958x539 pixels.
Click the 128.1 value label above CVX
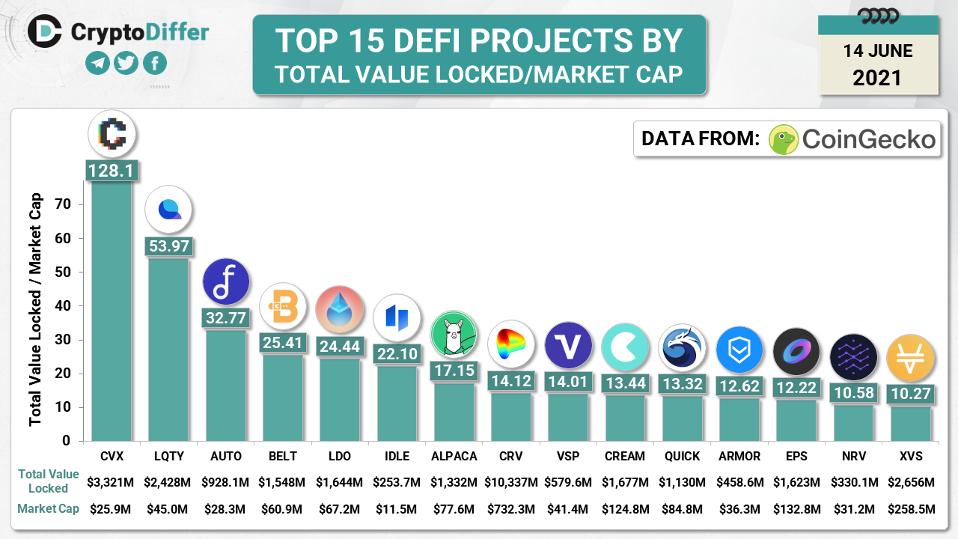pyautogui.click(x=111, y=171)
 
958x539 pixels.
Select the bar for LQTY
pyautogui.click(x=168, y=348)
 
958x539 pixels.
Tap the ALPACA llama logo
pyautogui.click(x=454, y=335)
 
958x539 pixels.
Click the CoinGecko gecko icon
pyautogui.click(x=784, y=139)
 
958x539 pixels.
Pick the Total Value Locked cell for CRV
pyautogui.click(x=510, y=481)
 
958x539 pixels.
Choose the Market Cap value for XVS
pyautogui.click(x=911, y=510)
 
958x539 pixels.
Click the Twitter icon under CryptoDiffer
pyautogui.click(x=126, y=63)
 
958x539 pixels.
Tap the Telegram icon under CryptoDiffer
pyautogui.click(x=98, y=63)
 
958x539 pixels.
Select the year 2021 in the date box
pyautogui.click(x=877, y=77)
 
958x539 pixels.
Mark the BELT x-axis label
pyautogui.click(x=282, y=456)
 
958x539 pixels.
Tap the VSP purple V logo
pyautogui.click(x=568, y=345)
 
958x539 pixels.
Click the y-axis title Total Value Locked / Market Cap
pyautogui.click(x=36, y=310)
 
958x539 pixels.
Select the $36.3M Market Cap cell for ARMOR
pyautogui.click(x=739, y=510)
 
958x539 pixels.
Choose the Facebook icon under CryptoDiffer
pyautogui.click(x=154, y=63)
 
